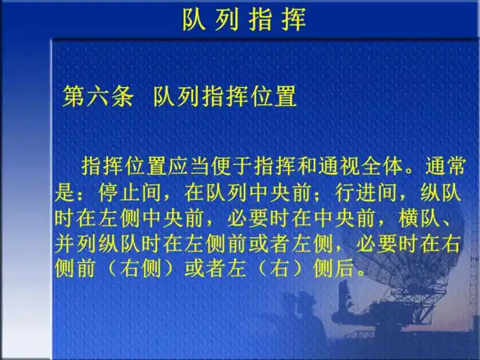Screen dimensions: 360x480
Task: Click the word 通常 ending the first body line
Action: tap(445, 164)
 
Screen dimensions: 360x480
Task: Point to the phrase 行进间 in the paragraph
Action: tap(363, 191)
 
